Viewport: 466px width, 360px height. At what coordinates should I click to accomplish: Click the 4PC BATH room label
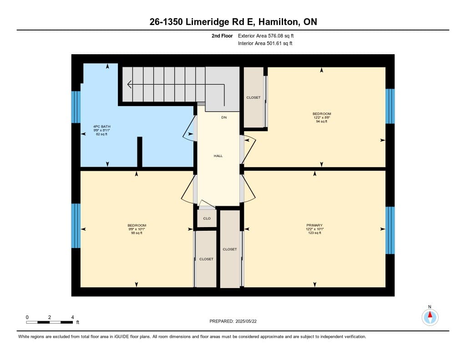click(x=101, y=127)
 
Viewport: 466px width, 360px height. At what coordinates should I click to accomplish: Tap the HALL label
click(x=218, y=156)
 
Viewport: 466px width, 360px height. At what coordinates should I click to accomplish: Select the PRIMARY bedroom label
click(x=314, y=225)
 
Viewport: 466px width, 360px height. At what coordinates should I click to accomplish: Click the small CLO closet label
click(x=207, y=218)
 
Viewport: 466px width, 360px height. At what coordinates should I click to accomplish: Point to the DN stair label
click(x=224, y=117)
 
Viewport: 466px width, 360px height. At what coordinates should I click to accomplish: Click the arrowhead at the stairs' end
click(x=129, y=85)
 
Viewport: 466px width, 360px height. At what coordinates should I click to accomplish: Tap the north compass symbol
click(x=430, y=317)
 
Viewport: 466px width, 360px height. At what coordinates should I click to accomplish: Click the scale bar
click(x=49, y=322)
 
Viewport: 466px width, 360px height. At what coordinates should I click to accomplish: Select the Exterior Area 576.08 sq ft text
click(x=266, y=36)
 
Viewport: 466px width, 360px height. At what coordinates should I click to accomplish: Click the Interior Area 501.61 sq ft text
click(x=265, y=43)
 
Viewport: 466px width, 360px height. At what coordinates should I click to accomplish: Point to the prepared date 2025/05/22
click(x=246, y=321)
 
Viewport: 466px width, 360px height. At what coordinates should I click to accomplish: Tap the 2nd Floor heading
click(x=222, y=36)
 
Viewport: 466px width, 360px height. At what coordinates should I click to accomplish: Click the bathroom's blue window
click(x=76, y=107)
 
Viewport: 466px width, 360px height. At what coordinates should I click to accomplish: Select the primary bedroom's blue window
click(x=390, y=230)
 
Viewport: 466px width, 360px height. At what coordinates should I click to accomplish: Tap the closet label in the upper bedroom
click(x=253, y=97)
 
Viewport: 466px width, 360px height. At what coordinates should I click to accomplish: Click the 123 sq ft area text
click(x=315, y=233)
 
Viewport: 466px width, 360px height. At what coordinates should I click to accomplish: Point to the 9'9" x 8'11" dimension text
click(x=101, y=131)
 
